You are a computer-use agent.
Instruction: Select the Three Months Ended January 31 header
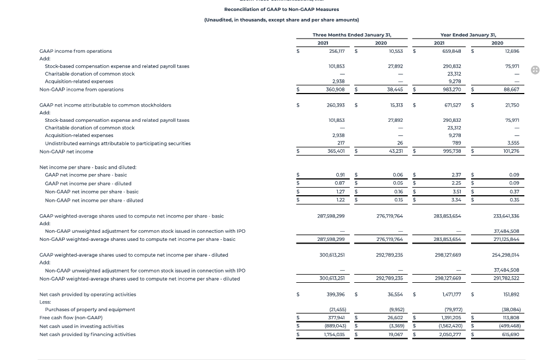point(352,35)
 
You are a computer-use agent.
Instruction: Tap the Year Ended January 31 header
point(468,35)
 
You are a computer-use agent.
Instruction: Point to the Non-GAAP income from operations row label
point(82,90)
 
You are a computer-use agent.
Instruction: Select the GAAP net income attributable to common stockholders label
point(106,105)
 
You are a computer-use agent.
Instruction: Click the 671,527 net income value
point(452,105)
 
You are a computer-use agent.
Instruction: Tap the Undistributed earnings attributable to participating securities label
point(117,144)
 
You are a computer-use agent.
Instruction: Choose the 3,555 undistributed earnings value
point(512,144)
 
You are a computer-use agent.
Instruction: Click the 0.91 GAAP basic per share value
point(341,175)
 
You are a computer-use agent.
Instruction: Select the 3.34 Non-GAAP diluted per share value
point(456,200)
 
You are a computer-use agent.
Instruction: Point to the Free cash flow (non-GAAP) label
point(71,318)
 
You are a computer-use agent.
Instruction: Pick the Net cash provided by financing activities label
point(88,334)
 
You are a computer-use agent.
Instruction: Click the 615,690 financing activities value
point(511,334)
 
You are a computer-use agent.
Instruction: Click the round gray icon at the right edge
point(535,70)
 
